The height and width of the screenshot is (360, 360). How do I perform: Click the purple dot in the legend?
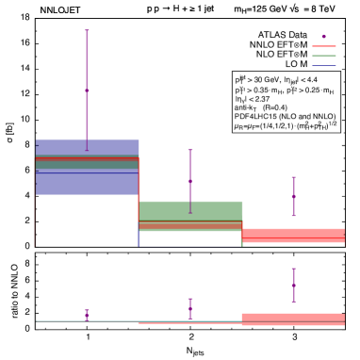coord(323,37)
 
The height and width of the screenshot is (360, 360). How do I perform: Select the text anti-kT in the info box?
coord(245,107)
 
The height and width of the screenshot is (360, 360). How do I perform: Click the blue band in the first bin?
coord(87,184)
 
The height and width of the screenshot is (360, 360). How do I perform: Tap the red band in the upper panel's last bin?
coord(293,236)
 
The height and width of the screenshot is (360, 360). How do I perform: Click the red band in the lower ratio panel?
coord(293,319)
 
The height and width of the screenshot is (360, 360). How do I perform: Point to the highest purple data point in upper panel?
coord(87,90)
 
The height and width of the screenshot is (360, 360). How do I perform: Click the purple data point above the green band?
coord(190,181)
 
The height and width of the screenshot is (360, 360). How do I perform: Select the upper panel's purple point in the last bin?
coord(294,198)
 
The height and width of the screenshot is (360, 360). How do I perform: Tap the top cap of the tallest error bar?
coord(87,30)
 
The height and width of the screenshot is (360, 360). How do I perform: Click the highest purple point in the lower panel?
coord(294,284)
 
